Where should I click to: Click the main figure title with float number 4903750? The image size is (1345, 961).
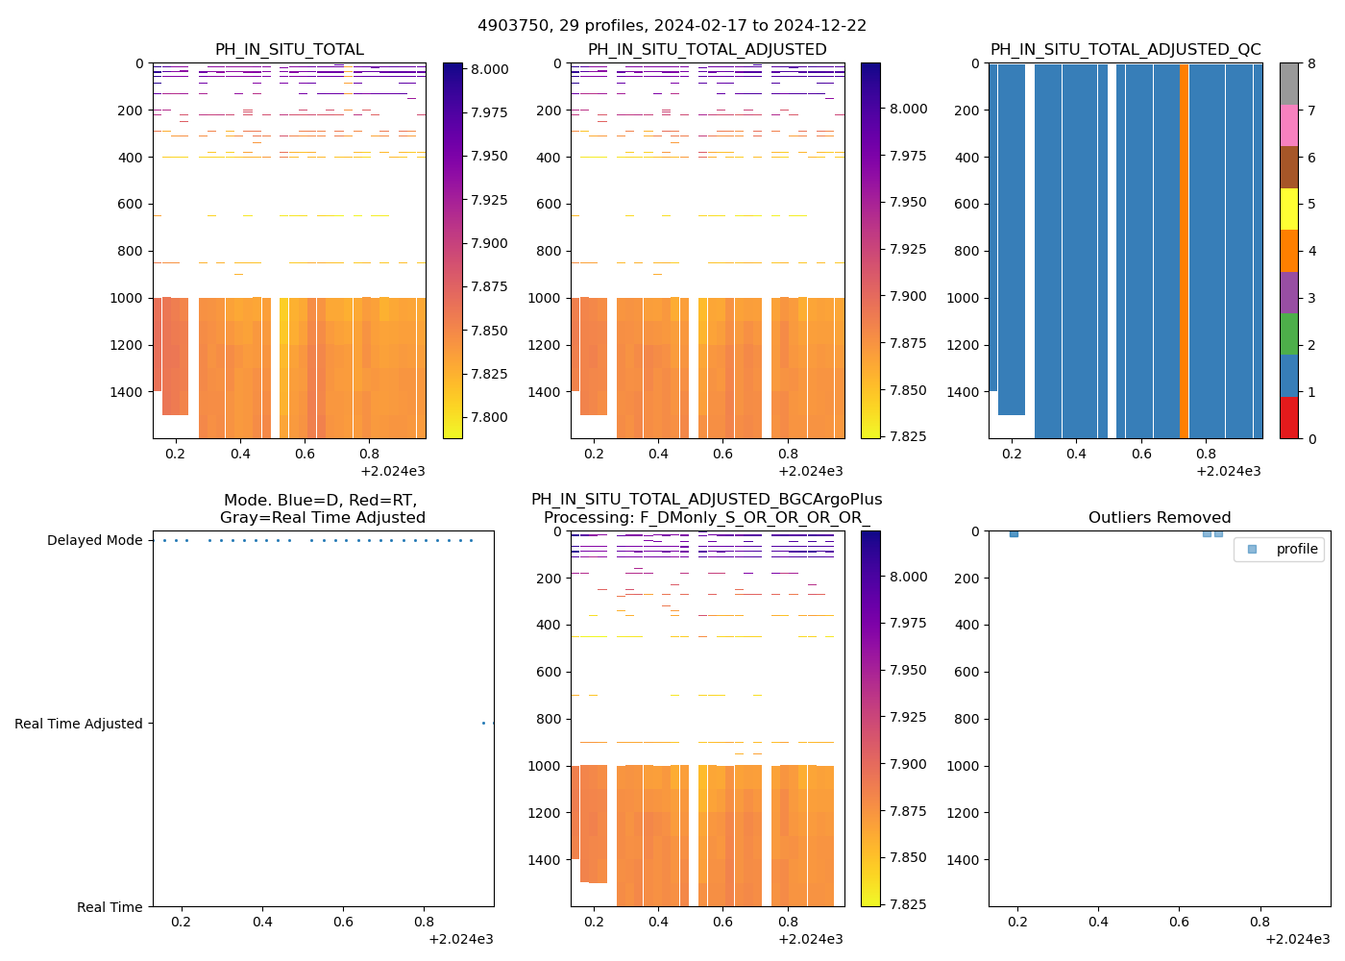point(672,26)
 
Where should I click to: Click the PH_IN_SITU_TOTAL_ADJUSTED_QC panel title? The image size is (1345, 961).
point(1125,50)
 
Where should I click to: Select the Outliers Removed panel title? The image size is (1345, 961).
point(1159,518)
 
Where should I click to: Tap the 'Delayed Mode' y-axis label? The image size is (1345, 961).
point(94,541)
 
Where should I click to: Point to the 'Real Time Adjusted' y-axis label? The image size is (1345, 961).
point(79,724)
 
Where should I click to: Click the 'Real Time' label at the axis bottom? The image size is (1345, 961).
point(110,907)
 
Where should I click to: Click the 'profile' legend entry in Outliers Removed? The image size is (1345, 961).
point(1296,549)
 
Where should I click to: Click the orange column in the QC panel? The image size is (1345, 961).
point(1184,250)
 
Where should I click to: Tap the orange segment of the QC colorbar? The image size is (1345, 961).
point(1289,251)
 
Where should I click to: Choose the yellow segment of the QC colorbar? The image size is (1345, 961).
point(1289,209)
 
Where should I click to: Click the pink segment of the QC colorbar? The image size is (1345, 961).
point(1289,125)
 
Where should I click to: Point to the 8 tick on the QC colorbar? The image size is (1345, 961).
point(1310,63)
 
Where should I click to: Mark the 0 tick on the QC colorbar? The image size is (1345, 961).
point(1310,438)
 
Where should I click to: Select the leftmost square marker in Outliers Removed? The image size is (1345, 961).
point(1014,532)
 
